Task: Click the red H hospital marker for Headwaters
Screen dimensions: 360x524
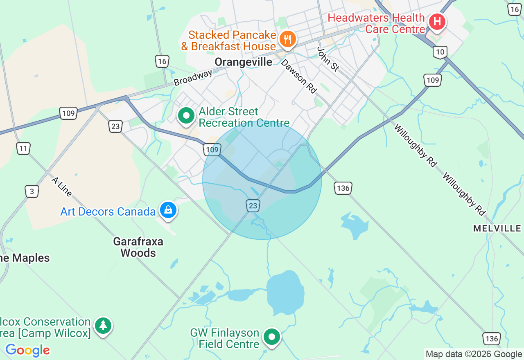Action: point(437,21)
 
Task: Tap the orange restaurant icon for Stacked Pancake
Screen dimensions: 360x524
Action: point(288,40)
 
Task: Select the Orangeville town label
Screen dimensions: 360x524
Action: point(243,62)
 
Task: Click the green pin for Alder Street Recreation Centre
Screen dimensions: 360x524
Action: point(186,116)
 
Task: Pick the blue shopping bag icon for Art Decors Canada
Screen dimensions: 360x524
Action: point(168,210)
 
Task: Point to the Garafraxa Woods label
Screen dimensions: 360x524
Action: point(138,247)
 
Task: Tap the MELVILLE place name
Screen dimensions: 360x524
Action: point(497,228)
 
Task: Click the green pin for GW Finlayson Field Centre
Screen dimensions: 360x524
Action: point(271,337)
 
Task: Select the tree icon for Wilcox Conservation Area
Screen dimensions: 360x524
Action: point(103,326)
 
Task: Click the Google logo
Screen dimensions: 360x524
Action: point(27,350)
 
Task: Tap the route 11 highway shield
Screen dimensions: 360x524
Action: point(24,148)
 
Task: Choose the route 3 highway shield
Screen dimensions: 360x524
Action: point(32,191)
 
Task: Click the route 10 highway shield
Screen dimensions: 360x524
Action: point(440,52)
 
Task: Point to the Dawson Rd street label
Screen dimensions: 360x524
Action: point(299,76)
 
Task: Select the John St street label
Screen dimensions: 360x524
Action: point(328,59)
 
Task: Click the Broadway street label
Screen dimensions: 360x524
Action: point(193,78)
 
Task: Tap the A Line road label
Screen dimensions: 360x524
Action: point(62,187)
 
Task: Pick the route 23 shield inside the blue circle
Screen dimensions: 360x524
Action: point(253,206)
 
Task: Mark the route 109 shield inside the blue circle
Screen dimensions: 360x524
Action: point(212,150)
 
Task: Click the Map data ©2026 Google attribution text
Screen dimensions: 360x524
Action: point(474,354)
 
